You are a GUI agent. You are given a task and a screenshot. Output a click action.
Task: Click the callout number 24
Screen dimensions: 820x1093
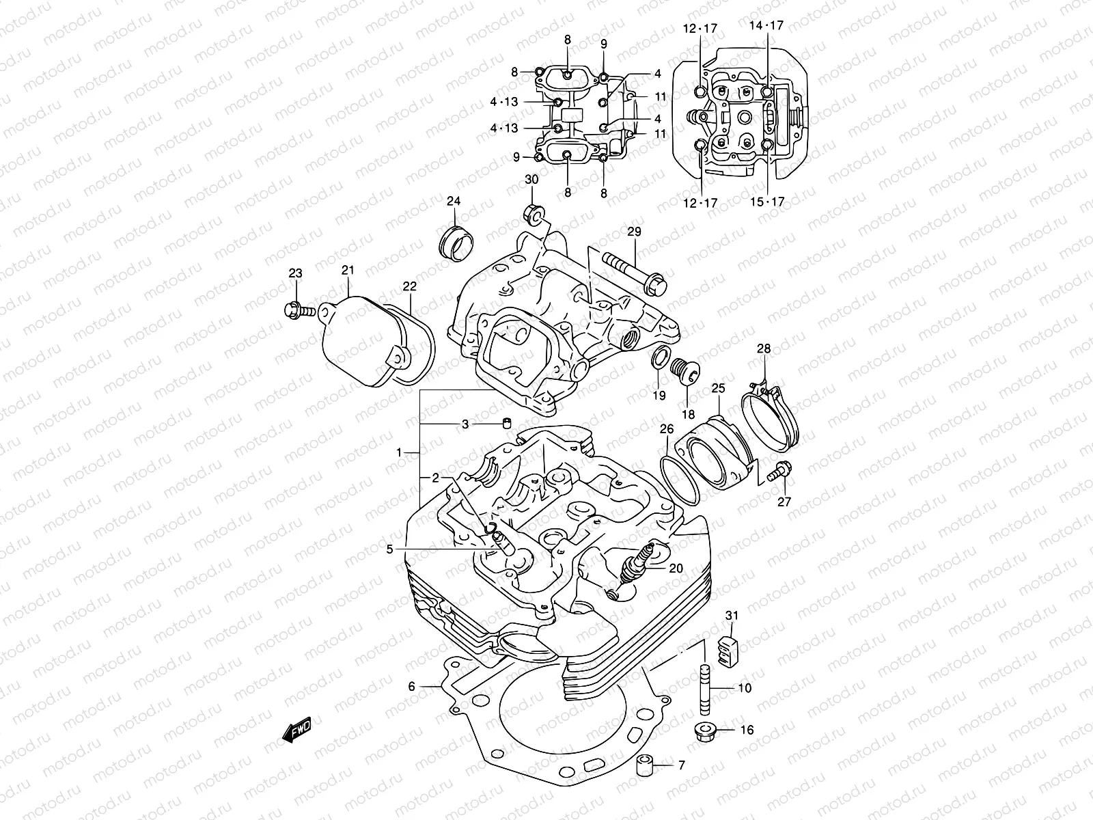point(454,201)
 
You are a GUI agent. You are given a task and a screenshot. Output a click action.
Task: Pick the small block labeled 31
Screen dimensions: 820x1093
point(729,648)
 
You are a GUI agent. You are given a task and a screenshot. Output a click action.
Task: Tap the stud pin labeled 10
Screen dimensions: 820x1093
point(706,687)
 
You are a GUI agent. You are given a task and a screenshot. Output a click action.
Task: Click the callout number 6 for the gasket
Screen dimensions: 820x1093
point(411,687)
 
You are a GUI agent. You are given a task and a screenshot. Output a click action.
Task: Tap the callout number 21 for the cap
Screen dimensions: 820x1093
point(348,271)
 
